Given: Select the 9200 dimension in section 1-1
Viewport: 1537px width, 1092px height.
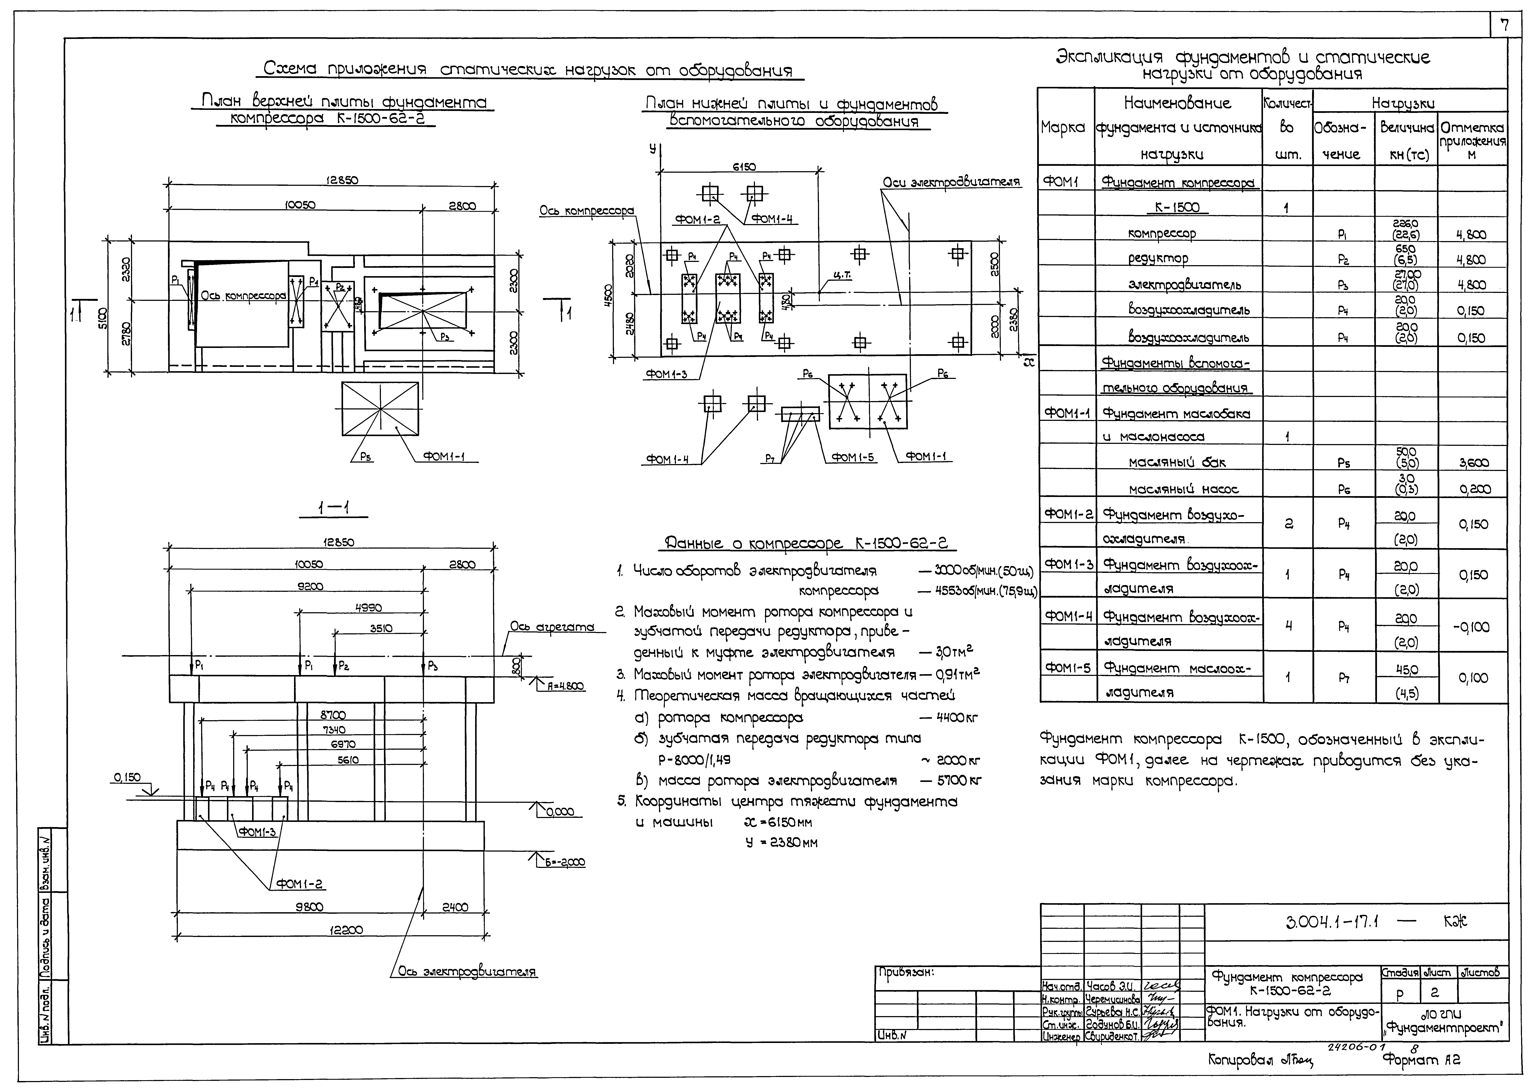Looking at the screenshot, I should (311, 586).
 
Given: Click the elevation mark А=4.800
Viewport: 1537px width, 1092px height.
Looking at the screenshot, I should (564, 687).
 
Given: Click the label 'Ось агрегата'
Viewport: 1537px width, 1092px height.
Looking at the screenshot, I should (552, 627).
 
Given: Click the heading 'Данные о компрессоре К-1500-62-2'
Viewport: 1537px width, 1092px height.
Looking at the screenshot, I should (810, 543).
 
